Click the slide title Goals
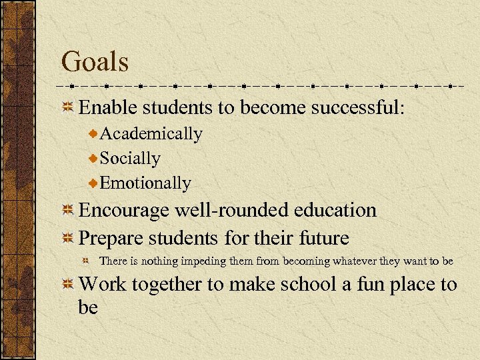tap(95, 62)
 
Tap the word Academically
tap(151, 134)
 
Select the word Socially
tap(130, 159)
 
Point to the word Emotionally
tap(145, 183)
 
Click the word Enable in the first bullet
tap(105, 107)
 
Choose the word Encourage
tap(124, 210)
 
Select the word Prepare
tap(112, 238)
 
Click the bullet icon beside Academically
tap(93, 135)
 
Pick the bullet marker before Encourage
tap(67, 211)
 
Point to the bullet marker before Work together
tap(67, 286)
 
